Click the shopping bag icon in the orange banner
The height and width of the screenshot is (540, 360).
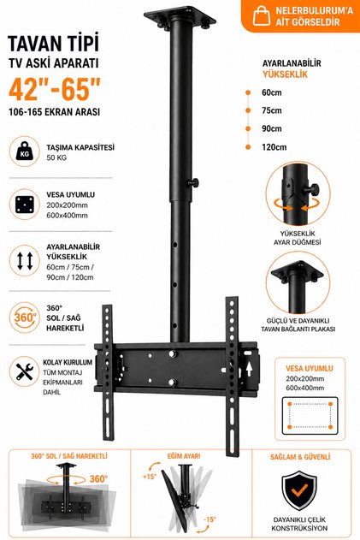point(262,16)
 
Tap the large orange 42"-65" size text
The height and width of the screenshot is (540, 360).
point(55,89)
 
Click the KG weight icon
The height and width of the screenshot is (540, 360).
point(25,151)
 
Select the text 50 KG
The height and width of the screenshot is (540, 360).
point(56,157)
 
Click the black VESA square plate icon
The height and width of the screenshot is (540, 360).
point(25,205)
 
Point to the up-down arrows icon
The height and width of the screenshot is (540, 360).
point(25,261)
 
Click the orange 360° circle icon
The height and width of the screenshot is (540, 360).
point(25,317)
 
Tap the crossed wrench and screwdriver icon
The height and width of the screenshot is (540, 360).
point(25,371)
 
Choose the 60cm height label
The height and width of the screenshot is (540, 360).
point(272,92)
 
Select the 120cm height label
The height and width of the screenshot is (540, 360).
point(274,147)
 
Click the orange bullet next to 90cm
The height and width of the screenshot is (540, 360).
point(248,128)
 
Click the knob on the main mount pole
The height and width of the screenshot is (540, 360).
point(193,182)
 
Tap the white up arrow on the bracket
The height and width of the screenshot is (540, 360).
point(249,370)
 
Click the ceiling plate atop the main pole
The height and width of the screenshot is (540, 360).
point(180,16)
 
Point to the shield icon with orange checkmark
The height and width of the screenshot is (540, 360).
point(299,490)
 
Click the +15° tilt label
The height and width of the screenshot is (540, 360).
point(150,477)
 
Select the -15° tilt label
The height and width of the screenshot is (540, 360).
point(210,519)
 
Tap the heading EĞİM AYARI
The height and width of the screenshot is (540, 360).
point(184,456)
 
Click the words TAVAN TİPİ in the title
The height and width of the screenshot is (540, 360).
point(53,43)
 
